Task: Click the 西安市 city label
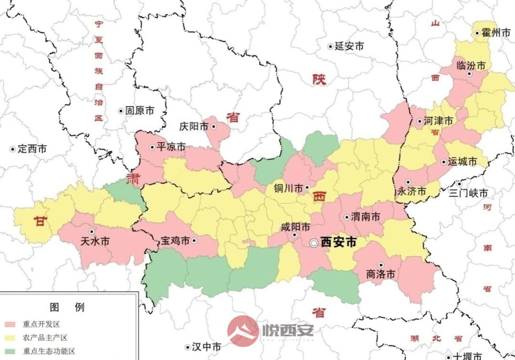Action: (338, 242)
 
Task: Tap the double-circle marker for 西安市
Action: (313, 243)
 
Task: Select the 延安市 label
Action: (349, 46)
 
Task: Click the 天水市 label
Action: (95, 242)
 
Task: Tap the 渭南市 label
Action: (366, 217)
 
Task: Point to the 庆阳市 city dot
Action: (214, 126)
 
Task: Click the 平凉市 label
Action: (171, 147)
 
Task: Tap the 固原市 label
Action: (140, 111)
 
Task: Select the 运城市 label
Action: (463, 162)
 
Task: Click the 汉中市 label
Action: (206, 347)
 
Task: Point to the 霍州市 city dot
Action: (477, 33)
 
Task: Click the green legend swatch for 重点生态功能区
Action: (10, 352)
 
